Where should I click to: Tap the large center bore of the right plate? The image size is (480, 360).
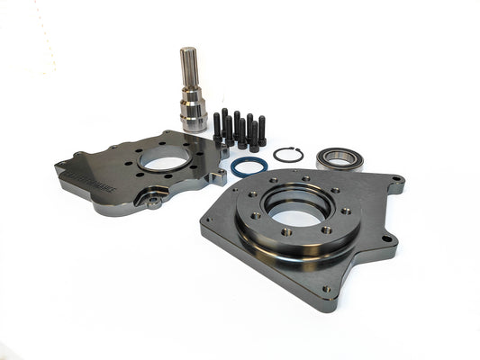[x=294, y=212]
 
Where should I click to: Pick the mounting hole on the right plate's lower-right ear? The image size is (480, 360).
[x=385, y=239]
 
